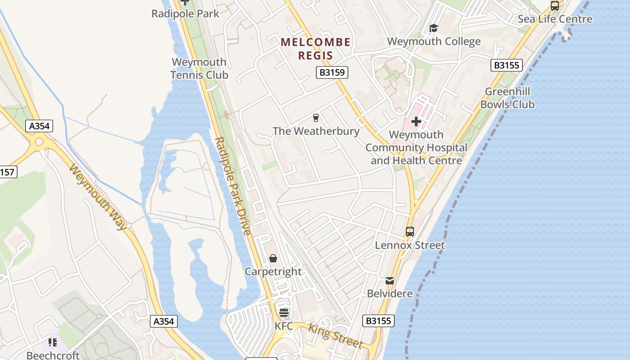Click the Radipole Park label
pos(185,14)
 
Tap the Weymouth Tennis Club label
pos(199,68)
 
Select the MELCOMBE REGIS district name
pos(315,49)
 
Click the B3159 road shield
pos(332,72)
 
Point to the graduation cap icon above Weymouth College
pos(433,28)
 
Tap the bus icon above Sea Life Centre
pos(555,6)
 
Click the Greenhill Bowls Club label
pos(507,98)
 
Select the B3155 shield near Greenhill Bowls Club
pos(507,65)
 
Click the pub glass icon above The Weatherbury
pos(316,118)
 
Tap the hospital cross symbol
pos(416,121)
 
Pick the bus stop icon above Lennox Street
pos(410,232)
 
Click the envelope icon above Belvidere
pos(390,281)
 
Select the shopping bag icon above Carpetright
pos(273,258)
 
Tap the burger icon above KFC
pos(283,313)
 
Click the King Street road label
pos(335,336)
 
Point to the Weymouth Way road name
pos(98,197)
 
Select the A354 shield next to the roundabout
pos(39,126)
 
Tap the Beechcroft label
pos(53,355)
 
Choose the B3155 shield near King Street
pos(378,321)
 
